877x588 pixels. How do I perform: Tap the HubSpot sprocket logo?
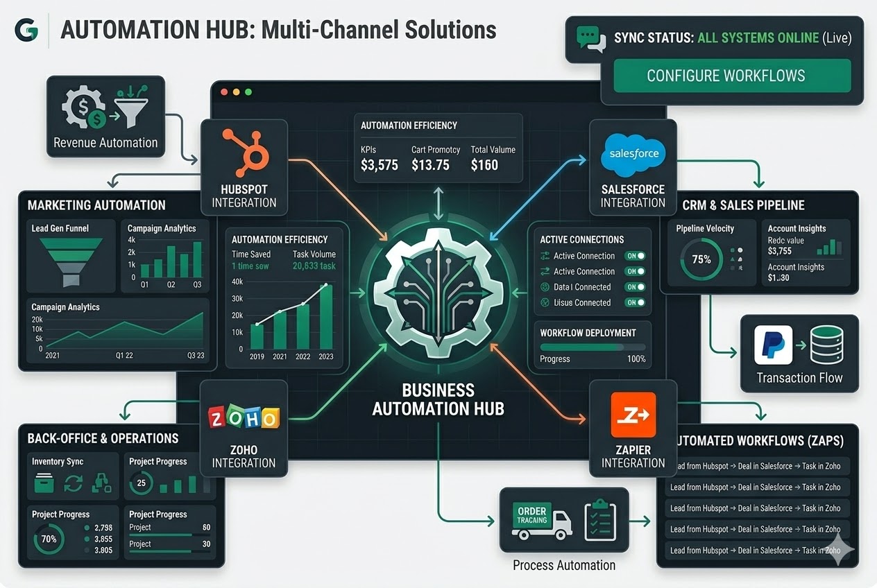244,151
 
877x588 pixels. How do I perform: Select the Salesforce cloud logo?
633,153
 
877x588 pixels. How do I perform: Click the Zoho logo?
244,418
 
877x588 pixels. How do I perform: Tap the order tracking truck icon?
541,521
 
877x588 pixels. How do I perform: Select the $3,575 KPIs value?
380,165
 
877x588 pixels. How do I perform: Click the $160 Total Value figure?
484,165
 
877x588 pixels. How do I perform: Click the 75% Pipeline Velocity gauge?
701,259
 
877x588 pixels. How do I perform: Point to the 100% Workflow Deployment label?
636,359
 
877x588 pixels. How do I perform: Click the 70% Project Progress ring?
49,539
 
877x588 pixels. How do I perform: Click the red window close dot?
223,92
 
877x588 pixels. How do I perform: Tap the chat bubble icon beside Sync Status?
588,39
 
